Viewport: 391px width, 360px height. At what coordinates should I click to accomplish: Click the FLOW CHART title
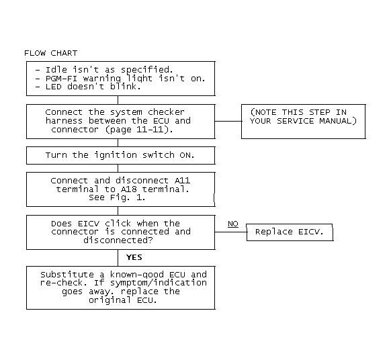click(51, 53)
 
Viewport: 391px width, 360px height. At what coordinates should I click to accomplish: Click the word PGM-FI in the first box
click(61, 79)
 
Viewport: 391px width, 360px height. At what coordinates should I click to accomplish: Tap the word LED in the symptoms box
click(53, 87)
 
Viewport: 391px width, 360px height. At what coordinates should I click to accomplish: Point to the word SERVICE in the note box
click(296, 121)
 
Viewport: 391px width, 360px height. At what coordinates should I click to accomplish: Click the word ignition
click(116, 155)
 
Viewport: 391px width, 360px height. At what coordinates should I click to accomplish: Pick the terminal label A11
click(182, 180)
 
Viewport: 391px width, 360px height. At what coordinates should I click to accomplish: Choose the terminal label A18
click(129, 189)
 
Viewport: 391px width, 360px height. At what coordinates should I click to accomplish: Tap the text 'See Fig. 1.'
click(117, 197)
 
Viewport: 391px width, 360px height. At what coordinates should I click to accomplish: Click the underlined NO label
click(233, 224)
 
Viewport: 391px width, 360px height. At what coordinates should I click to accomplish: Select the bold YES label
click(134, 257)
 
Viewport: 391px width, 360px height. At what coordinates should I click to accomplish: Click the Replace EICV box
click(290, 232)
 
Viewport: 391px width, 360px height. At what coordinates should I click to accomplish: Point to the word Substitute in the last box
click(67, 275)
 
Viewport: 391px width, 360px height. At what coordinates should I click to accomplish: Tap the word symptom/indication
click(159, 283)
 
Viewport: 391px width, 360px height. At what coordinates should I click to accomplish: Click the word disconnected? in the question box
click(118, 240)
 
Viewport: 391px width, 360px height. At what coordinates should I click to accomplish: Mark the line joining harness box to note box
click(228, 121)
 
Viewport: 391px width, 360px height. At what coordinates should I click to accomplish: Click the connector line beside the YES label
click(118, 258)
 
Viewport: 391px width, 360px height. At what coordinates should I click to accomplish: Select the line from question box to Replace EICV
click(231, 232)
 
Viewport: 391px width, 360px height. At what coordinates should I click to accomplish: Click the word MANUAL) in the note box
click(338, 121)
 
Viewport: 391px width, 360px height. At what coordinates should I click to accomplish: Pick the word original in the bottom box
click(110, 300)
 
